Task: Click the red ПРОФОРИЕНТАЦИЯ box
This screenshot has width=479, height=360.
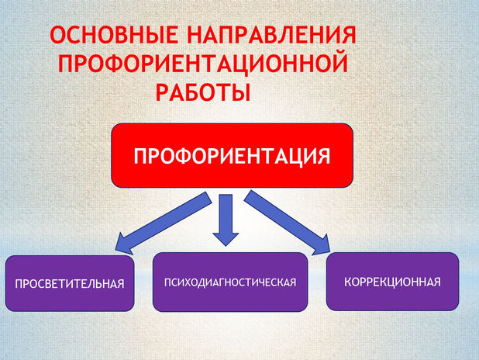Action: click(x=232, y=155)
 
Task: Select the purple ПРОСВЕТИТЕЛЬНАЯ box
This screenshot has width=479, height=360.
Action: click(x=69, y=282)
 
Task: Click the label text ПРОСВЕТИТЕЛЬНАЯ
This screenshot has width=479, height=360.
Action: click(x=70, y=283)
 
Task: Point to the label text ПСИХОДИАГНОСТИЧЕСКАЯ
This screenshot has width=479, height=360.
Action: click(x=230, y=281)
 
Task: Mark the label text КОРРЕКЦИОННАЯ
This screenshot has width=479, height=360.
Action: click(x=392, y=281)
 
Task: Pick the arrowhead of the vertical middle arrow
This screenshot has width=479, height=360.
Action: click(x=226, y=236)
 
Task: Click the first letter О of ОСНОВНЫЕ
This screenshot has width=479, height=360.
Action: click(x=57, y=36)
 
